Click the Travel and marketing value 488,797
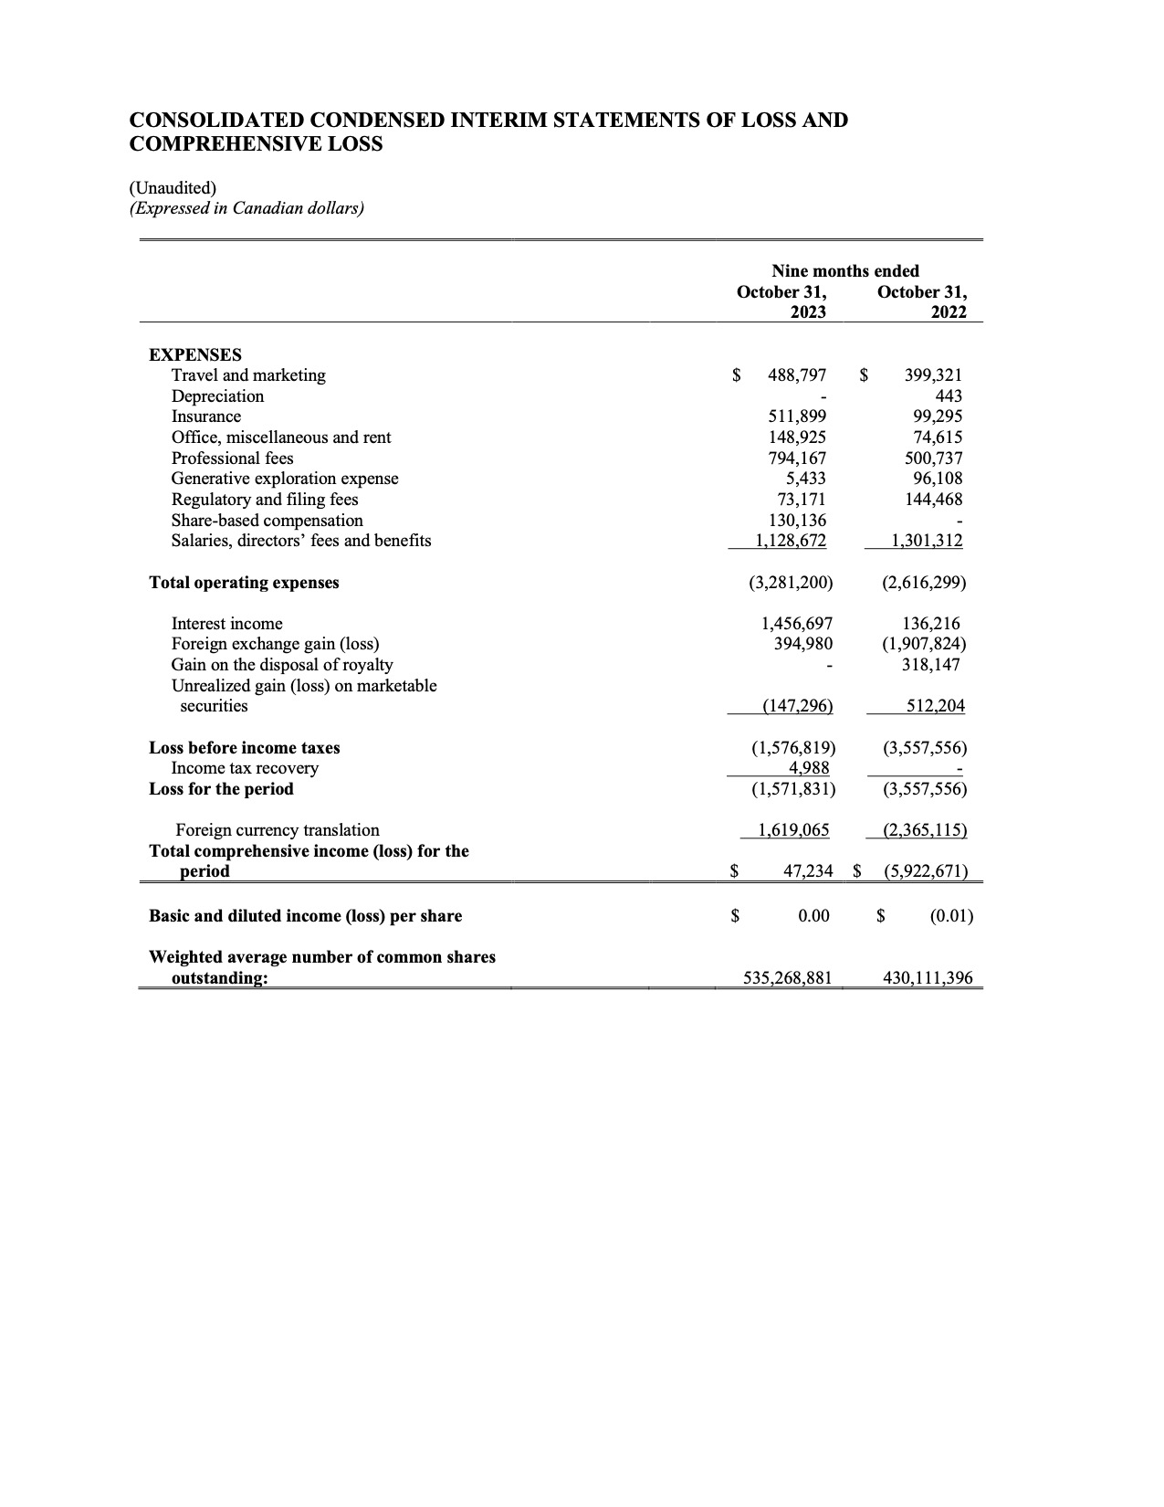point(797,375)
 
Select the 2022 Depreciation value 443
point(949,396)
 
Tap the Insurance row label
point(206,416)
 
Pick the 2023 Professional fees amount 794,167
point(797,458)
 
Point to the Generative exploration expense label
point(285,479)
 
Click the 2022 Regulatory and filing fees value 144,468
point(932,500)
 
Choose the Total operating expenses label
point(244,583)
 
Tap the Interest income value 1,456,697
point(797,624)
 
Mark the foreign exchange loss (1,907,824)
point(924,644)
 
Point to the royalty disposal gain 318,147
point(931,665)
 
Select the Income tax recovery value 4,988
point(809,768)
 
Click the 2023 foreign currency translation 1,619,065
point(794,830)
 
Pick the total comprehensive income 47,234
point(809,871)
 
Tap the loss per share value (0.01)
point(951,916)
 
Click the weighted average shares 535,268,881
point(788,978)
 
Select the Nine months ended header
point(845,271)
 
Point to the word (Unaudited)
point(173,188)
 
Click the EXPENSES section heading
point(195,354)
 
